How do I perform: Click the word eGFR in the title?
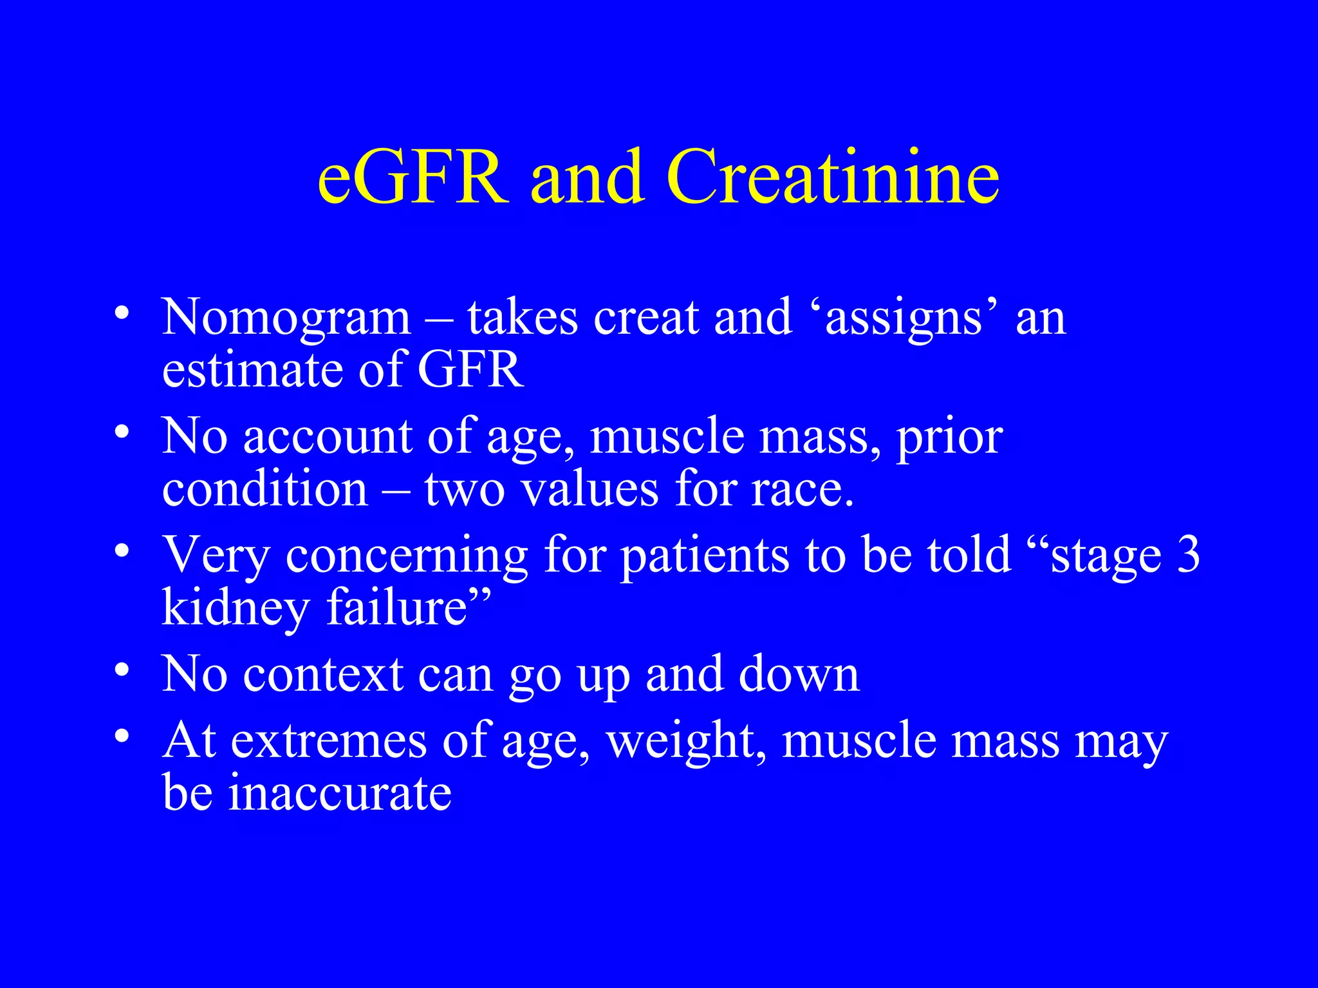click(413, 177)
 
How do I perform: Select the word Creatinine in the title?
click(833, 177)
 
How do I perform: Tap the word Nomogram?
click(286, 318)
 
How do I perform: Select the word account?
click(328, 437)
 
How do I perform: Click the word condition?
click(265, 489)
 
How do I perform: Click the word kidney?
click(236, 608)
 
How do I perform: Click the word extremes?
click(328, 741)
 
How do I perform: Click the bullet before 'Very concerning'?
click(122, 551)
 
